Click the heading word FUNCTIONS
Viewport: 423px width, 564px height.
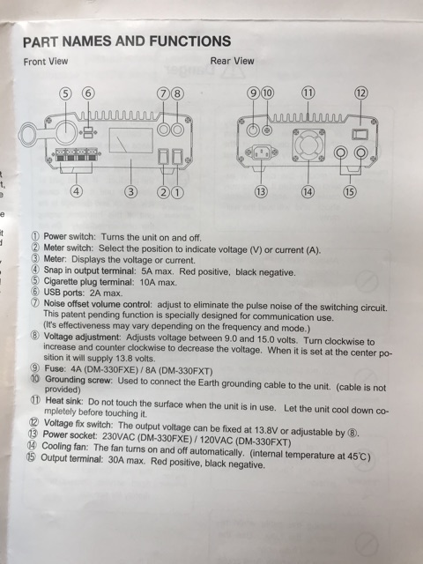(x=190, y=41)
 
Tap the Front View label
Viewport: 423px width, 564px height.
(x=46, y=62)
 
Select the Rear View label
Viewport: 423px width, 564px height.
(x=232, y=61)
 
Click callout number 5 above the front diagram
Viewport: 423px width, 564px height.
(x=65, y=94)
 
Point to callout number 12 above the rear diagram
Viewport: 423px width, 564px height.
(x=361, y=93)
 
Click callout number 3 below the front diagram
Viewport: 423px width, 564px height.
(x=131, y=192)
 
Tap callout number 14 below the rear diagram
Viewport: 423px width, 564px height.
(x=308, y=192)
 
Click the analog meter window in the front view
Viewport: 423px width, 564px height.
(x=131, y=140)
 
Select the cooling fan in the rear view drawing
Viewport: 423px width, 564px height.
(x=308, y=145)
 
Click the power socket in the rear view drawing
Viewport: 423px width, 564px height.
(x=262, y=152)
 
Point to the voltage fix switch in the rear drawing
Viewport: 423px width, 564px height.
(x=360, y=135)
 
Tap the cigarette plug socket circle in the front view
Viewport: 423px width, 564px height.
(x=66, y=132)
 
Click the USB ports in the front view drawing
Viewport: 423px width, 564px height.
(x=88, y=132)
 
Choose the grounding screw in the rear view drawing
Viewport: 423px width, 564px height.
(x=267, y=130)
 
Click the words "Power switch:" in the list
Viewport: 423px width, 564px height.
(x=70, y=237)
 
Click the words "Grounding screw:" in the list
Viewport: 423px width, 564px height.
(x=78, y=380)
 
